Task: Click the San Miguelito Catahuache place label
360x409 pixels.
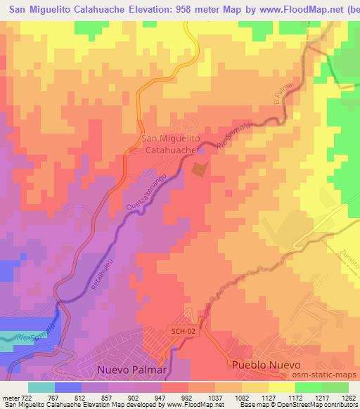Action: click(x=172, y=144)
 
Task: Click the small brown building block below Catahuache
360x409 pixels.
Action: click(x=199, y=169)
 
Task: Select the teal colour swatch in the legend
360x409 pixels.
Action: click(x=41, y=387)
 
